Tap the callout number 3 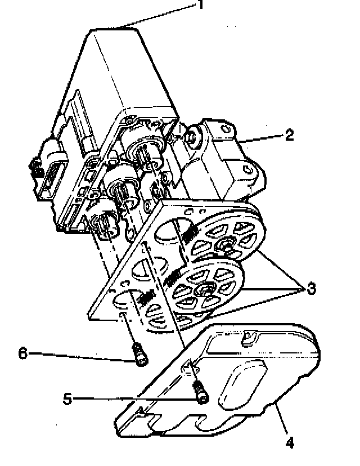pos(309,289)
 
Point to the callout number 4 pos(289,442)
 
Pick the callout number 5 pos(67,399)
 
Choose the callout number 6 pos(22,353)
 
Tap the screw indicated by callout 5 pos(200,392)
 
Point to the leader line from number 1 pos(163,15)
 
